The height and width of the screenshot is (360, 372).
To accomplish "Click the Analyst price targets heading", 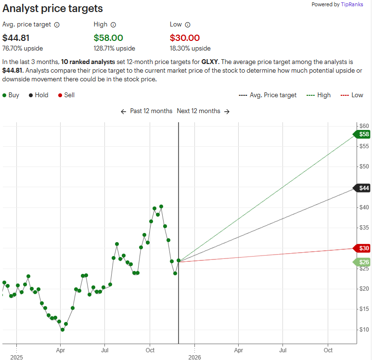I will click(52, 9).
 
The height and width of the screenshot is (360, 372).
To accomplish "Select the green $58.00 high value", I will click(108, 38).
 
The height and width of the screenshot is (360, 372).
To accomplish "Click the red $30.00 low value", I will click(184, 38).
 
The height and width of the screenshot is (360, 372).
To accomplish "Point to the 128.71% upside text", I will click(114, 49).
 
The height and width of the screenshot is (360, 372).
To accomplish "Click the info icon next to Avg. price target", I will click(57, 25).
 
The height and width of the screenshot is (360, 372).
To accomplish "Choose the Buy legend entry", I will click(11, 95).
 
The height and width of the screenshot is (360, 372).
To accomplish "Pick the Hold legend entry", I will click(38, 95).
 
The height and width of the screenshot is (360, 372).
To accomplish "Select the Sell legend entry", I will click(66, 95).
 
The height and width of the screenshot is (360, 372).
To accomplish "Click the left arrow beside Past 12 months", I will click(124, 111).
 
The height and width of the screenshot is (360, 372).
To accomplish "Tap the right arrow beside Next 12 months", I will click(227, 111).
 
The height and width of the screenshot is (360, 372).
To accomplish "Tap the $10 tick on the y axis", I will click(364, 330).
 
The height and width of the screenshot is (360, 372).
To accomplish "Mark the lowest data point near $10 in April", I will click(63, 330).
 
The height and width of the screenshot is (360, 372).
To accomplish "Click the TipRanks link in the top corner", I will click(355, 4).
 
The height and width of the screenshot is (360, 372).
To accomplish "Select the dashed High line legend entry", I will click(318, 95).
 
